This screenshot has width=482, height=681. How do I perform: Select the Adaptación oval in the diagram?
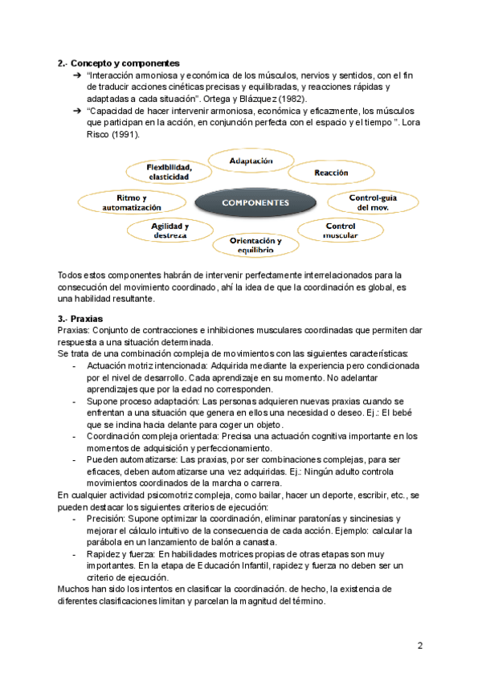(x=251, y=161)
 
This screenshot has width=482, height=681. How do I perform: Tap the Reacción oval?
(x=330, y=173)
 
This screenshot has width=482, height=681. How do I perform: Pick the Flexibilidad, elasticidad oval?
(x=168, y=171)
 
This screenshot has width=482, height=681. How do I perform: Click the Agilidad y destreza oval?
(x=170, y=230)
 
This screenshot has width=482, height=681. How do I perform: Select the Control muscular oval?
(x=340, y=231)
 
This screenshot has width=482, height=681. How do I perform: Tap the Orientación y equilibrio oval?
(x=255, y=245)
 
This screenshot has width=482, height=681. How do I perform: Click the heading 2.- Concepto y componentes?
(x=118, y=63)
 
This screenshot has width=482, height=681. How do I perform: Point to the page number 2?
(x=419, y=646)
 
